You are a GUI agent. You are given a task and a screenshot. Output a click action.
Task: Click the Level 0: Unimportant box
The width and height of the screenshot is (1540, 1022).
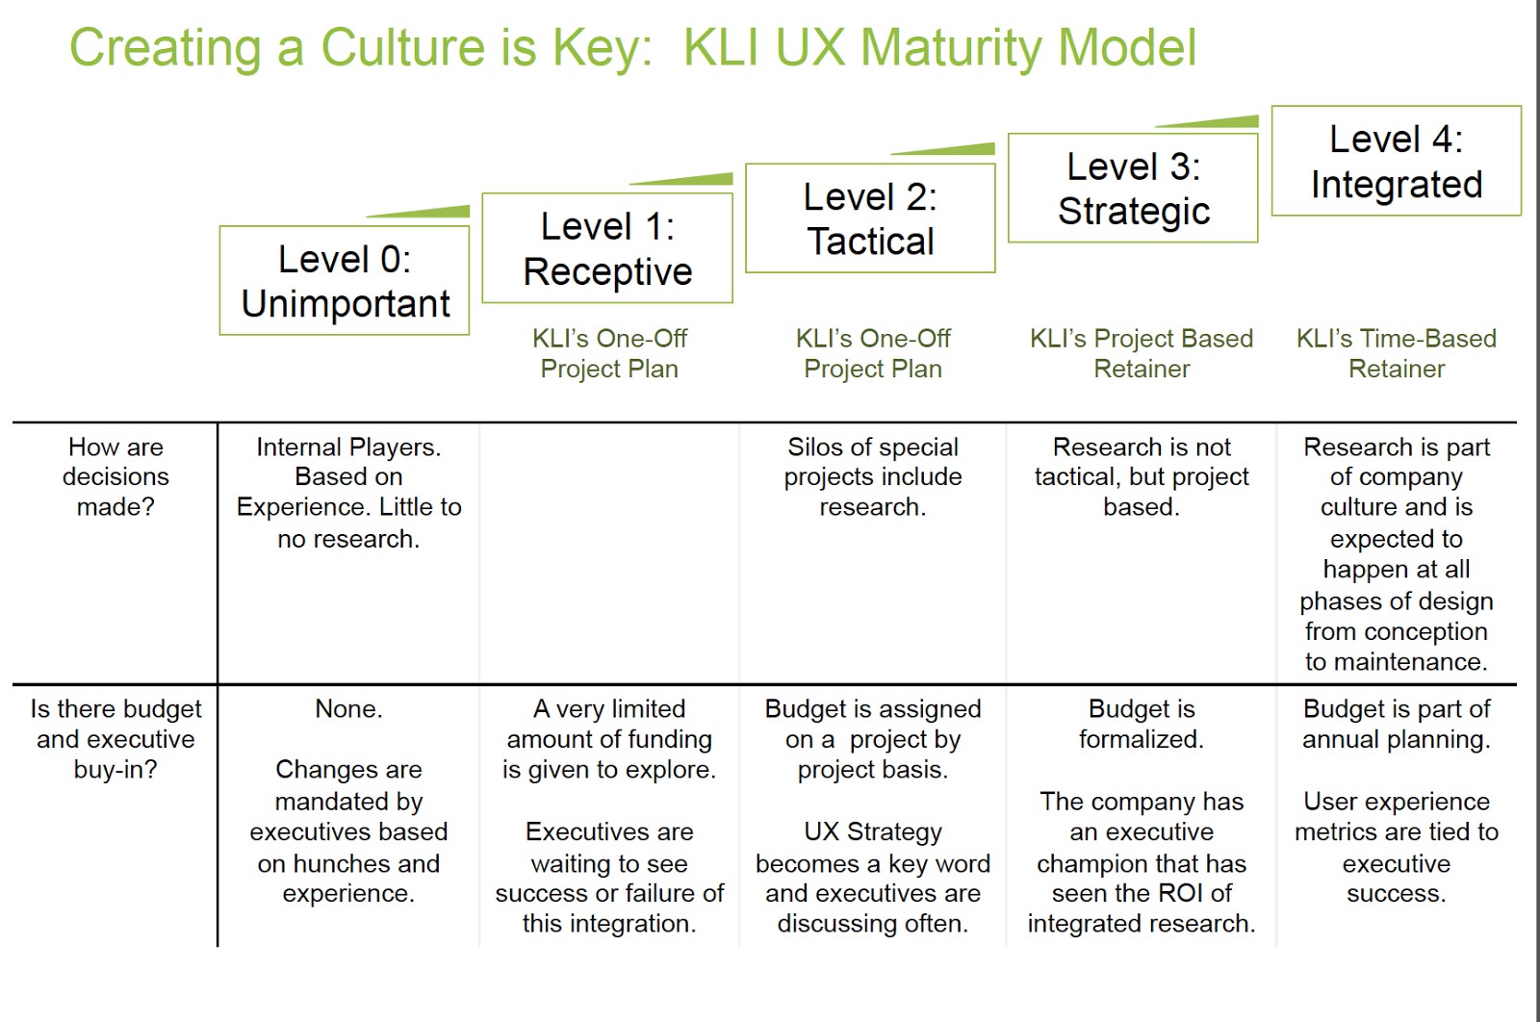(345, 281)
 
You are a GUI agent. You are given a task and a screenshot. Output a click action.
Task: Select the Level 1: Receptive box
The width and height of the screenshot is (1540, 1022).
(607, 248)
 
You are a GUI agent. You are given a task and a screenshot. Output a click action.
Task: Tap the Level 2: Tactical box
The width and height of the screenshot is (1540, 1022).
(870, 218)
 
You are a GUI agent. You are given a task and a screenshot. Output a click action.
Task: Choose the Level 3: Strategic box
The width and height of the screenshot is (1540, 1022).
(1133, 189)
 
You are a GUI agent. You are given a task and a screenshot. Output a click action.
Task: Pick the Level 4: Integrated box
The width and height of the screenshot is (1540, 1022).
(1396, 161)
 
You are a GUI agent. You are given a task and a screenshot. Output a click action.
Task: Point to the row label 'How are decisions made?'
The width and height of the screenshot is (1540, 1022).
(115, 476)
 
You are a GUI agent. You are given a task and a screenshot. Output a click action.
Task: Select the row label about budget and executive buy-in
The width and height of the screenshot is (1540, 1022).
(115, 739)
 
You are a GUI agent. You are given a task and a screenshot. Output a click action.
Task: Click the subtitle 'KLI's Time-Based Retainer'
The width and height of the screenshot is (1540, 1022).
(1396, 353)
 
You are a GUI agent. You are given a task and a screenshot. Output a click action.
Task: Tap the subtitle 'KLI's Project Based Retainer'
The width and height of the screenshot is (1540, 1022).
(1142, 353)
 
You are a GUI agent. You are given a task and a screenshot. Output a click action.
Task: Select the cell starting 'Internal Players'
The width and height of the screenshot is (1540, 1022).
(348, 492)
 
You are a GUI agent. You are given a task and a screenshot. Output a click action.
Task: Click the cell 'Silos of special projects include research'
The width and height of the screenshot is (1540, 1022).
(872, 476)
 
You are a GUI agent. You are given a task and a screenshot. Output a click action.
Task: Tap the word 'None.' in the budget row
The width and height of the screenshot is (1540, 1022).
(348, 709)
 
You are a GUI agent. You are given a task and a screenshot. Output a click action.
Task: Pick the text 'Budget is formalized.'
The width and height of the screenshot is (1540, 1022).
(1142, 724)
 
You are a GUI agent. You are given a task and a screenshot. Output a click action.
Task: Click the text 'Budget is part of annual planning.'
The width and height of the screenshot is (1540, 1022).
(1396, 724)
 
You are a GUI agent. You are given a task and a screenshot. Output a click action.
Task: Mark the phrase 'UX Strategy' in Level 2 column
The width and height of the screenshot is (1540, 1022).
(872, 831)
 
